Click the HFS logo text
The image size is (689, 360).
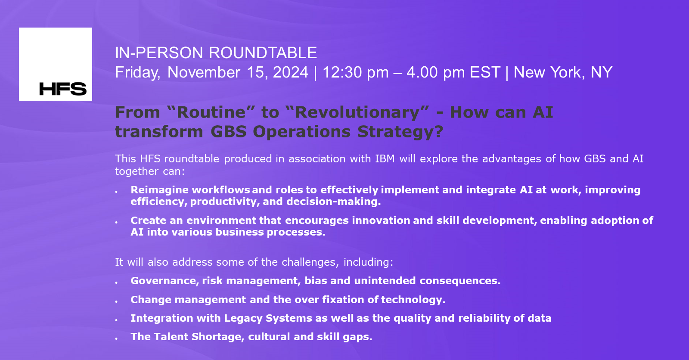[63, 89]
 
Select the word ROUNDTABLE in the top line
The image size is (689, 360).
[263, 53]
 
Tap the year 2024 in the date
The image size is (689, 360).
[290, 72]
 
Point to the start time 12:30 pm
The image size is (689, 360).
[355, 73]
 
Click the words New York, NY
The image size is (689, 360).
[563, 73]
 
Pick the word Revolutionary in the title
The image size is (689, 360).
[358, 112]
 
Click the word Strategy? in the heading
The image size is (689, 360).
[400, 132]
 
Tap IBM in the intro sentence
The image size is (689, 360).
[385, 159]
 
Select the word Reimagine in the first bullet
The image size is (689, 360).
[159, 190]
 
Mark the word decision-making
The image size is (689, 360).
[333, 202]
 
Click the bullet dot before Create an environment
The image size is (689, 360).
[117, 222]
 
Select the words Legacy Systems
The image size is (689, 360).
[268, 319]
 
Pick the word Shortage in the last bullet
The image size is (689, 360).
[218, 337]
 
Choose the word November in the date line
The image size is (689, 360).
[204, 73]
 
